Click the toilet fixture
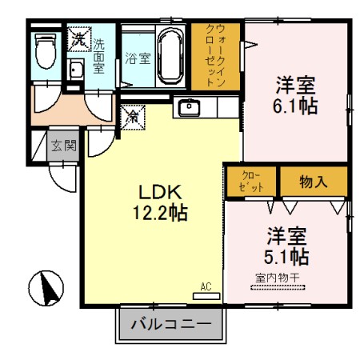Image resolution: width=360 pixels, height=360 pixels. tap(46, 52)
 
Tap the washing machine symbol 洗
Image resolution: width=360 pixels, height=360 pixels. tap(78, 38)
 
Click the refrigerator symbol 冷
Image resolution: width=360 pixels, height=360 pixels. tap(133, 116)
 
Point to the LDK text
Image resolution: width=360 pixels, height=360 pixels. tap(162, 194)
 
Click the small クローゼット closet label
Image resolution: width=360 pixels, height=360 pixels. tap(251, 181)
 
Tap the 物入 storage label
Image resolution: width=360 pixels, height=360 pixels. tap(313, 181)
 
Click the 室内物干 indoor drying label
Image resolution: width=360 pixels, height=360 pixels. tap(277, 278)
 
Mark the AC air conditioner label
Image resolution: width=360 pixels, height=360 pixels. tap(206, 286)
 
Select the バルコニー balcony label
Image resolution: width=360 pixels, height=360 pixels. tap(170, 326)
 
